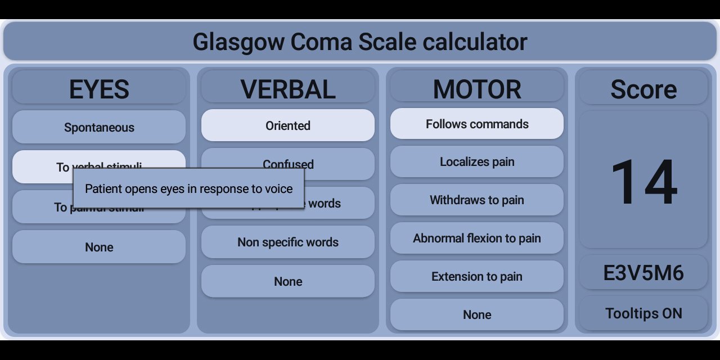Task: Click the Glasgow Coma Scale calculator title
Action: click(360, 42)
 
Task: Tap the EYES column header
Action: click(99, 89)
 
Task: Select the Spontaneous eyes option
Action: click(99, 127)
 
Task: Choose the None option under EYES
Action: click(99, 247)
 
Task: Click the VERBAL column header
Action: click(288, 89)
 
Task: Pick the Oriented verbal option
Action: click(288, 125)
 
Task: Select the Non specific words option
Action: click(288, 242)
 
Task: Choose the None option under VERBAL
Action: click(288, 281)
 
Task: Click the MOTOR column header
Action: click(477, 89)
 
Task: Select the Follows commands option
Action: click(477, 124)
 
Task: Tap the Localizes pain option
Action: click(477, 162)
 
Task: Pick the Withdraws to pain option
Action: click(477, 200)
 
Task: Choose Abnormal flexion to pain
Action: click(477, 238)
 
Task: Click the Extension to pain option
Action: click(477, 276)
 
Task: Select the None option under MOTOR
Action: click(477, 314)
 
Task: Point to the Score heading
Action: click(643, 89)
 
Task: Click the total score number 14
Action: click(643, 181)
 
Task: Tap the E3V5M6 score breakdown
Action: click(643, 273)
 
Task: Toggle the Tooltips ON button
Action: click(643, 313)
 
